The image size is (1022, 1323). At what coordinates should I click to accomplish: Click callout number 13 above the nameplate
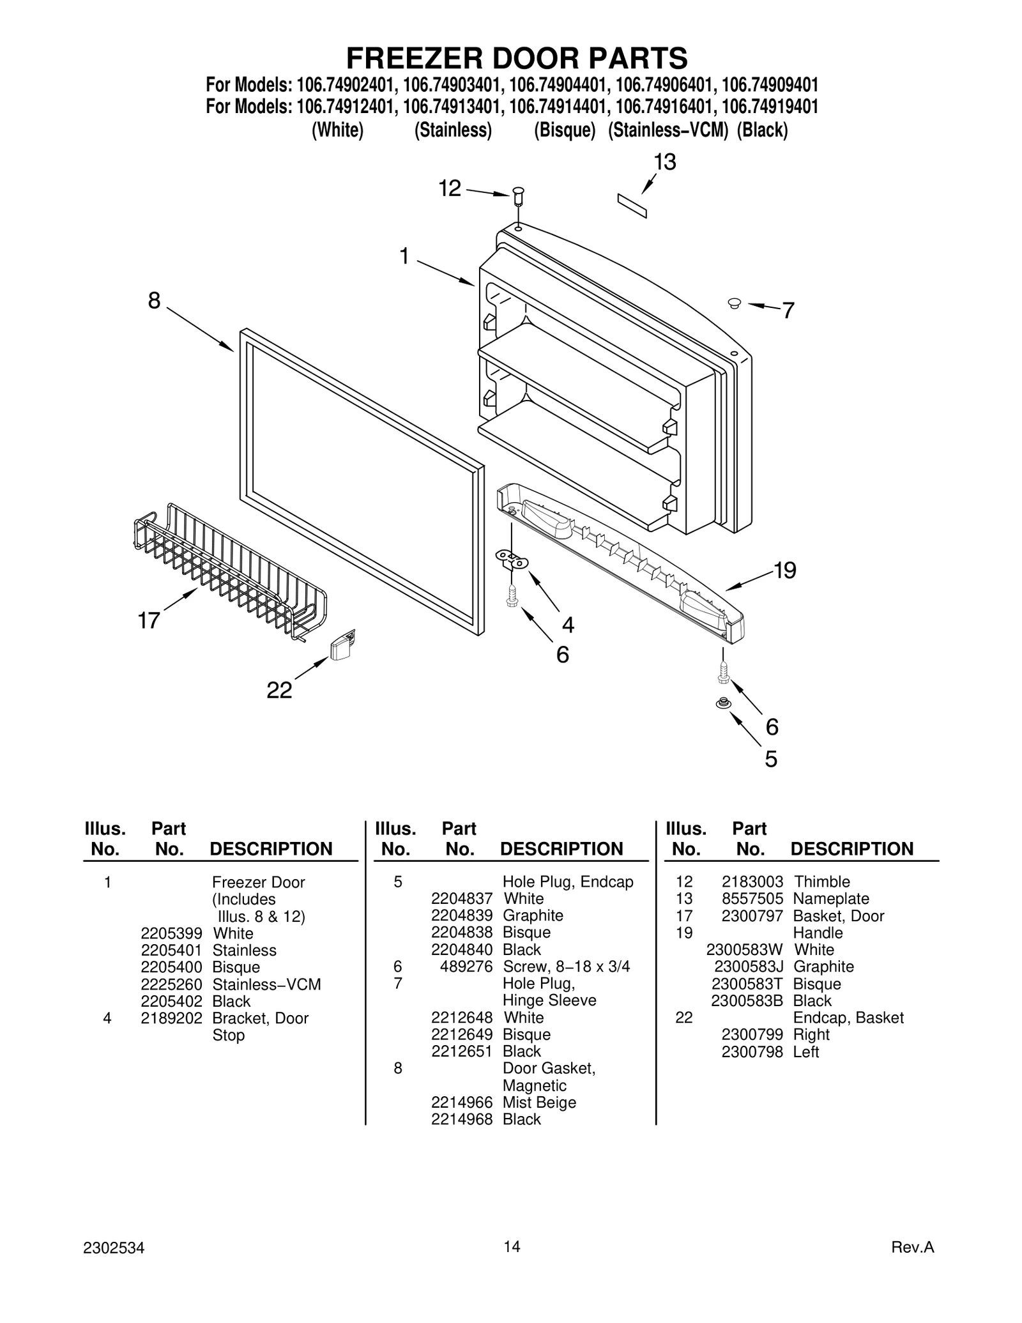click(664, 162)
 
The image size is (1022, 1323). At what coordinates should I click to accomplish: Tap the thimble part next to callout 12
click(517, 195)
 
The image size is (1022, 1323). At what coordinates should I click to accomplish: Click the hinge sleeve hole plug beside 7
click(734, 303)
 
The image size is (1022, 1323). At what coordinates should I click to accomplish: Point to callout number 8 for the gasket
click(154, 300)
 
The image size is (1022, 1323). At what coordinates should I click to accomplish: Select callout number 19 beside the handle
click(785, 570)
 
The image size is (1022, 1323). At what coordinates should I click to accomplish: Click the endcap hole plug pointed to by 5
click(723, 703)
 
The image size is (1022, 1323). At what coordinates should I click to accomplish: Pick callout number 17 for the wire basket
click(149, 620)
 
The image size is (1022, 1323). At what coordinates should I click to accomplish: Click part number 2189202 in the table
click(171, 1018)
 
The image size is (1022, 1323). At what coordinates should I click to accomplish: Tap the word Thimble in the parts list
click(821, 882)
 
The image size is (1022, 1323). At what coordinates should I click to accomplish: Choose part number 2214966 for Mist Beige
click(462, 1102)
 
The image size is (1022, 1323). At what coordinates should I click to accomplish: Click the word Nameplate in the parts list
click(831, 898)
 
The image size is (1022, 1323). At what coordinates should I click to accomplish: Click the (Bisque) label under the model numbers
click(565, 130)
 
